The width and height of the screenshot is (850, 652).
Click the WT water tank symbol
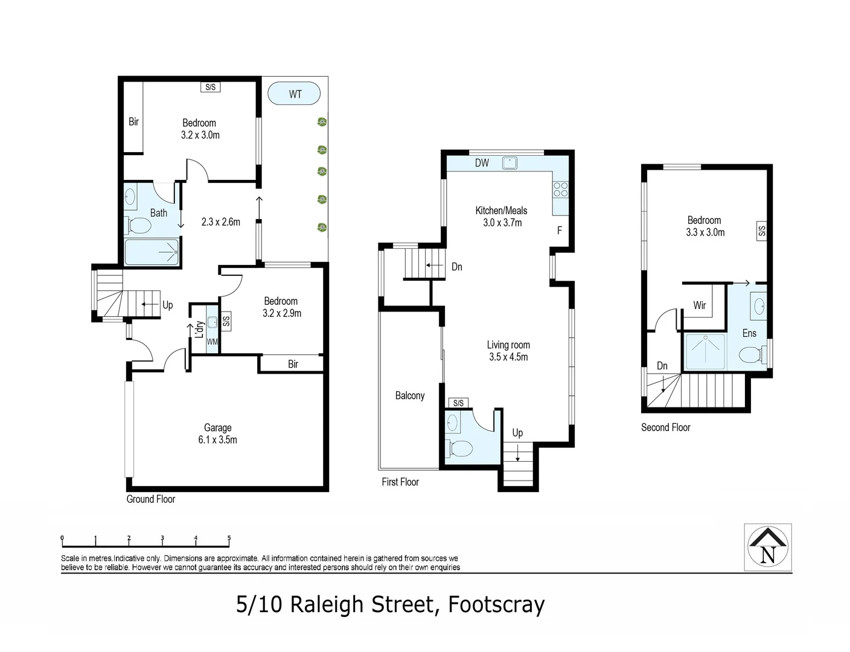294,94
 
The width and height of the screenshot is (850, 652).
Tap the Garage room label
217,427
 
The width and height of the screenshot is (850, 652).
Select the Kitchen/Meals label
501,211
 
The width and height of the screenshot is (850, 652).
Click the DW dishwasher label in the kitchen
482,163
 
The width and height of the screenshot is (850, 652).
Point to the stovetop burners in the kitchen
560,190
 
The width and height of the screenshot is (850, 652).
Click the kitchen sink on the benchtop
510,162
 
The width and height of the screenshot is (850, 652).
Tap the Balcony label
410,395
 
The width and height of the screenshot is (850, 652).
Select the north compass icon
767,547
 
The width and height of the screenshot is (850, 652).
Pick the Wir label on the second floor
699,305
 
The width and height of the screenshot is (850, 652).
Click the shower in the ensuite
705,352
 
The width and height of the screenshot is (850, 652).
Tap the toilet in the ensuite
750,355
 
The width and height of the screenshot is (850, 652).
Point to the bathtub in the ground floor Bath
152,252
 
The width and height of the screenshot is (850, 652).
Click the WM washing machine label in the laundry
212,342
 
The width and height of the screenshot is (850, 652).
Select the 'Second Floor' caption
665,427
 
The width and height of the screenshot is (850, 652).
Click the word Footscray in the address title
496,604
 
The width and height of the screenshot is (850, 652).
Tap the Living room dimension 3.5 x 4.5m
508,357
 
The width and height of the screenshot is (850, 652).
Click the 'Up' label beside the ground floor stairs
167,305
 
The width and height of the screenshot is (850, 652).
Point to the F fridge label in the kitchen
559,230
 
